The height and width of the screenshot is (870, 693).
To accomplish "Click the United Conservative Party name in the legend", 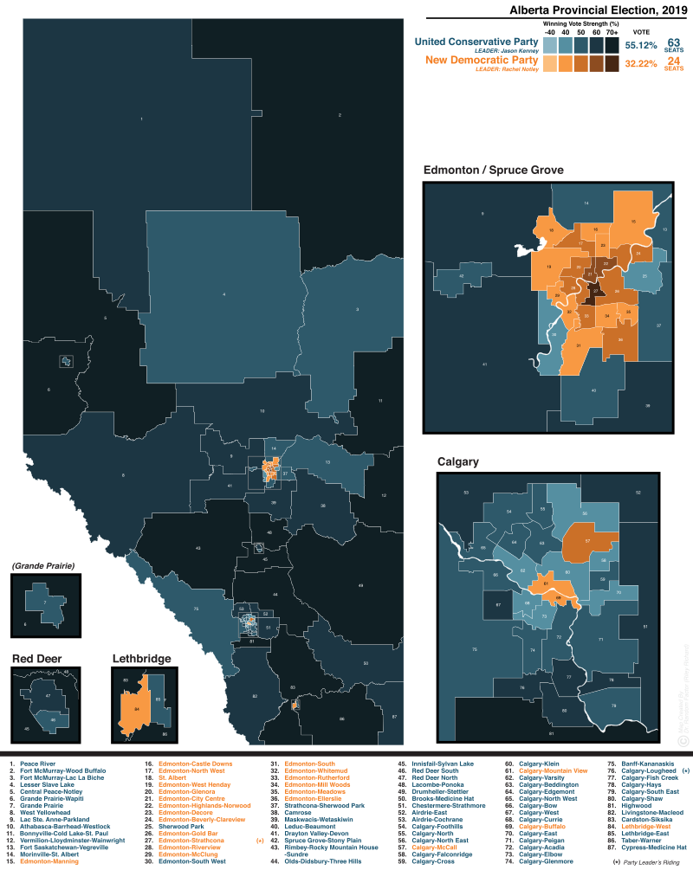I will [x=476, y=42].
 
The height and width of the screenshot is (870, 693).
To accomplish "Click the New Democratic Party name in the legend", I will [x=482, y=61].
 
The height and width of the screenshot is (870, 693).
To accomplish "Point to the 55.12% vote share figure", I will [x=641, y=44].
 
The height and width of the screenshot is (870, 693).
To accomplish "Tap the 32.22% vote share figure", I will [x=641, y=63].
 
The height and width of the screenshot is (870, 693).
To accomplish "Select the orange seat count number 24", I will [x=673, y=61].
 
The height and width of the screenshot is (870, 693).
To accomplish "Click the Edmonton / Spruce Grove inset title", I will [x=493, y=171].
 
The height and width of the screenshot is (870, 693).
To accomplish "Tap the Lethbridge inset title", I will [x=141, y=659].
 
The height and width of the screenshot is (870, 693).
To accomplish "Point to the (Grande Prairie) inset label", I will [x=43, y=566].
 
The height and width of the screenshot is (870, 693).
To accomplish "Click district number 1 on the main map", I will [x=141, y=118].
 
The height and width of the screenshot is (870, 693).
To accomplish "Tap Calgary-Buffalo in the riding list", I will [x=541, y=827].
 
